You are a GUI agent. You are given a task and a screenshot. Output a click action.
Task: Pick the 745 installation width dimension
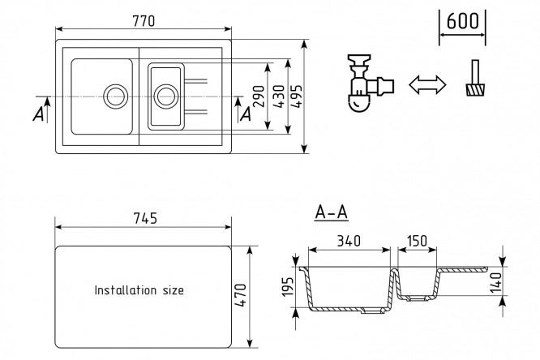click(x=144, y=218)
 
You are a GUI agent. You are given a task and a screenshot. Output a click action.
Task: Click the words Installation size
click(x=139, y=289)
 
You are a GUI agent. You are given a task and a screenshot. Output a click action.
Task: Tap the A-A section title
click(x=331, y=213)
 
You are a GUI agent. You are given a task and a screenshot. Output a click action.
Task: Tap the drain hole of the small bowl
click(x=166, y=95)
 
